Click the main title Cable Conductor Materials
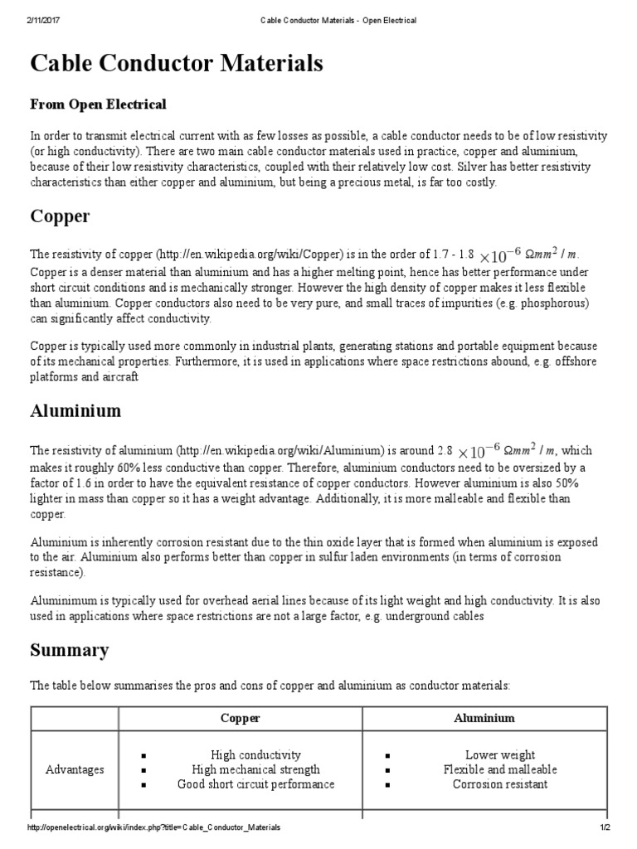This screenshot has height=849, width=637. point(177,64)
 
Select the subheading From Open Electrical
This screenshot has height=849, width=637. point(98,104)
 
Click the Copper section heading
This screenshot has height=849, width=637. point(60,216)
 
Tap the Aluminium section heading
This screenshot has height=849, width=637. point(75,411)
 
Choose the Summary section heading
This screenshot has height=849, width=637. point(69,650)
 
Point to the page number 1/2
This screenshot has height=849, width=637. point(605,827)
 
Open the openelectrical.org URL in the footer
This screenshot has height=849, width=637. point(153,827)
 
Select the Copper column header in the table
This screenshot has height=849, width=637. point(240,718)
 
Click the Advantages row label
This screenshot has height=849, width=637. point(75,769)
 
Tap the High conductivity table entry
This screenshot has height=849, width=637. point(255,755)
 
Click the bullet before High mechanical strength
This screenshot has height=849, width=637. point(144,770)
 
